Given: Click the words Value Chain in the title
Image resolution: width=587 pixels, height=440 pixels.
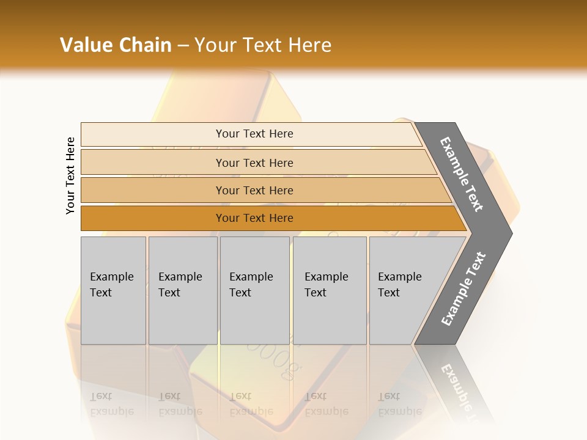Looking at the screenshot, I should tap(116, 45).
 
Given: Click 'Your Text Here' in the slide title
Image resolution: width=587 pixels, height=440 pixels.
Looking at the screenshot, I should tap(263, 45).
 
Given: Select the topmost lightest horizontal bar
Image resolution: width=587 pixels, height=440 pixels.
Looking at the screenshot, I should tap(153, 134).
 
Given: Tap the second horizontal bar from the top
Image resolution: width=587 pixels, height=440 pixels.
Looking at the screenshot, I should tap(153, 163).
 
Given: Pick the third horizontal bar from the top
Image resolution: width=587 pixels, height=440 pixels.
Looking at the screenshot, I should tap(153, 190).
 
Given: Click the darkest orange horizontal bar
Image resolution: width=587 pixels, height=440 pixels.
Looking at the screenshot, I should tap(153, 218).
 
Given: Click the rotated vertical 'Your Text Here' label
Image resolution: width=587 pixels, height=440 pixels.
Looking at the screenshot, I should tap(70, 175).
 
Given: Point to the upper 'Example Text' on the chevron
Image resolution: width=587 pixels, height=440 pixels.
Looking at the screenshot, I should tap(462, 174).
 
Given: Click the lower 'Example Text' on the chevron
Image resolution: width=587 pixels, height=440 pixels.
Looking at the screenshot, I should tap(463, 288).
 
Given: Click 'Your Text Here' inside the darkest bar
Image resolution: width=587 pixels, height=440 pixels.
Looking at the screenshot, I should tap(254, 218).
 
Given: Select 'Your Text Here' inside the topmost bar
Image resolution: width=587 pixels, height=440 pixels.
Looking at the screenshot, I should tap(254, 134).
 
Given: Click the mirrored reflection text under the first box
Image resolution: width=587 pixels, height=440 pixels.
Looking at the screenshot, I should tap(111, 403).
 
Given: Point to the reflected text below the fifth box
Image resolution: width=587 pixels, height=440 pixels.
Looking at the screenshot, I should tap(399, 403).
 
